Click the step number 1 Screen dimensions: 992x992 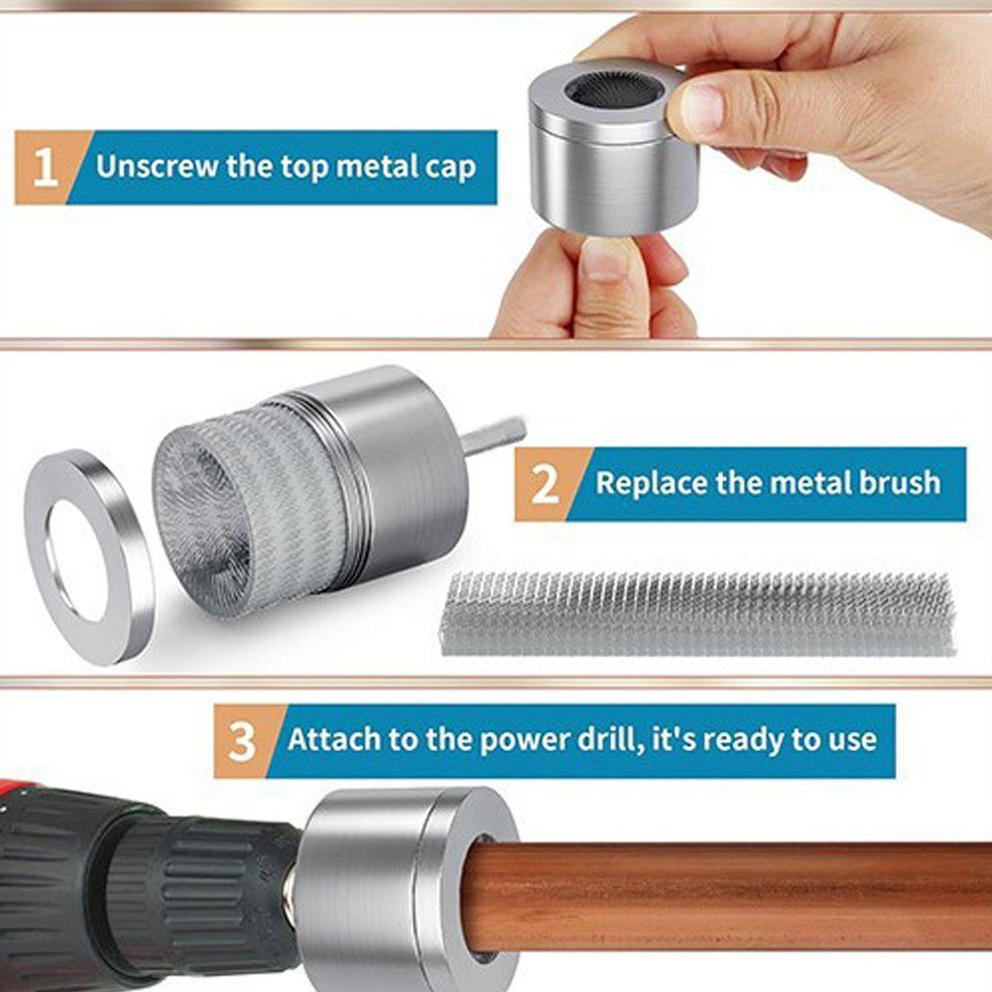point(45,168)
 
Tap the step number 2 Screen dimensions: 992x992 point(545,484)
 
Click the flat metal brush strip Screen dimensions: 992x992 point(699,613)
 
